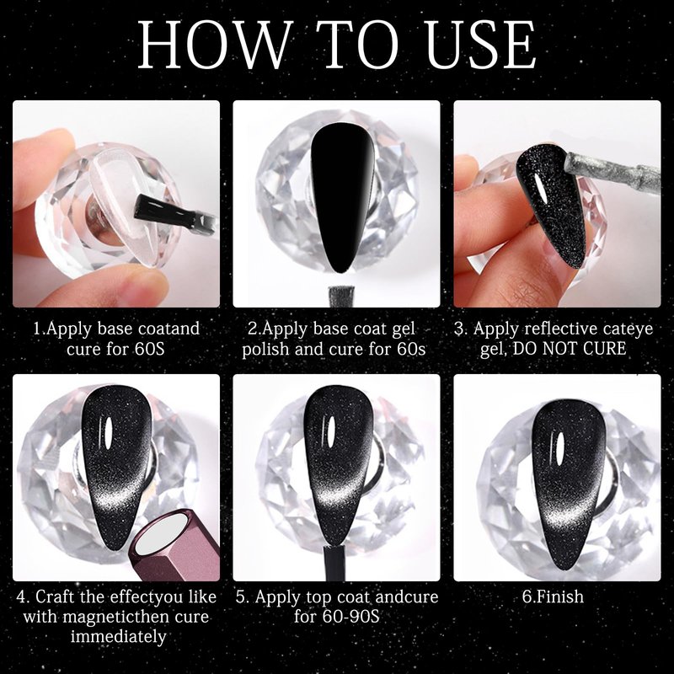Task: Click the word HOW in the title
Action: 213,45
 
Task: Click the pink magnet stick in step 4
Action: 175,544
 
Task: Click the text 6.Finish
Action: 553,596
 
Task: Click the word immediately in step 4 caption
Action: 118,636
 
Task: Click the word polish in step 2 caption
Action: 266,349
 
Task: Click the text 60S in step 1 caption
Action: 149,349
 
